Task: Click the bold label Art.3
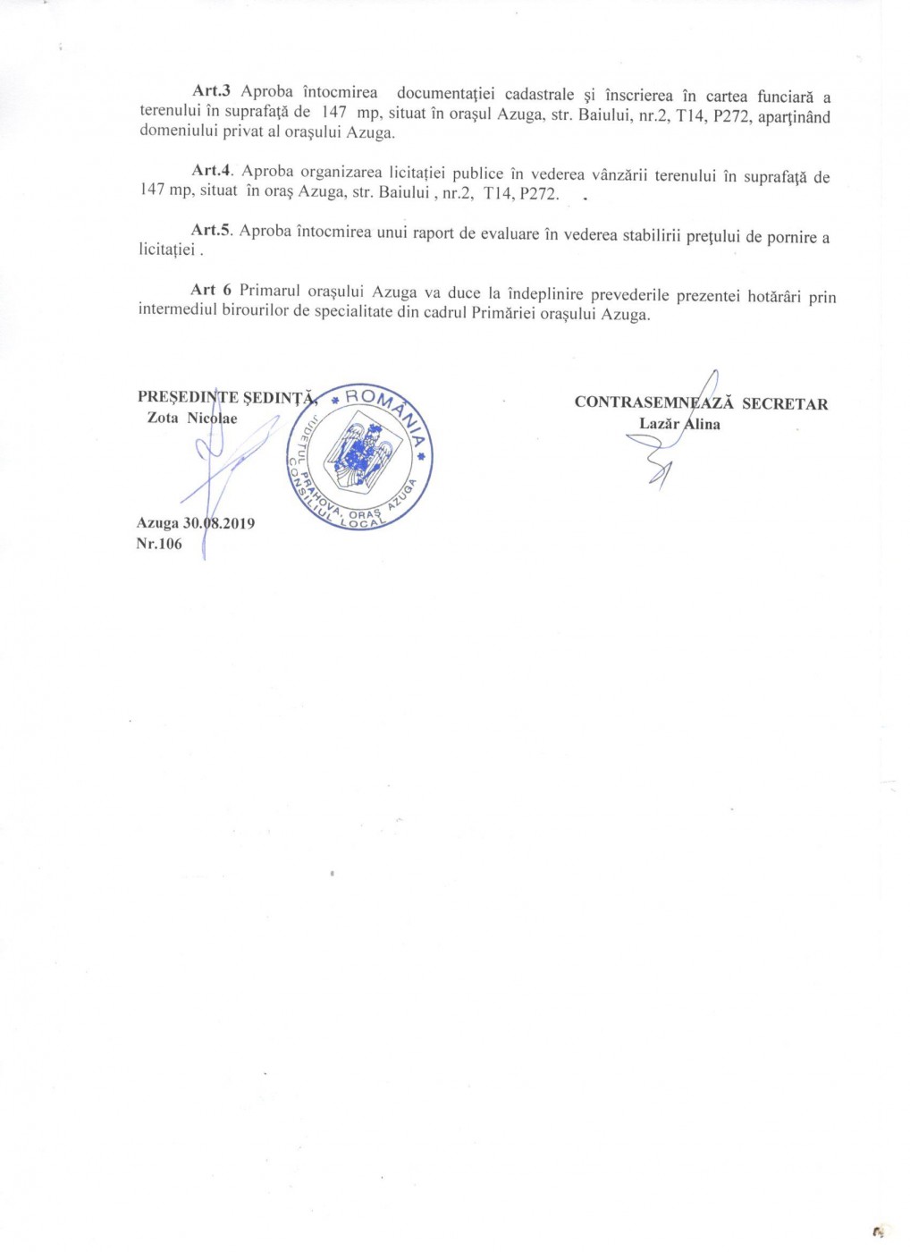click(212, 92)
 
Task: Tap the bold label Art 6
click(211, 291)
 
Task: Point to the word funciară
click(786, 97)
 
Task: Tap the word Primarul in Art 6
click(269, 292)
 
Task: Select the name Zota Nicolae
click(192, 418)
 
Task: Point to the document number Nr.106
click(159, 544)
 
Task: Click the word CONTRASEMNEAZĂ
click(653, 403)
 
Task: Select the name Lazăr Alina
click(679, 424)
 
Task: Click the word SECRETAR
click(785, 404)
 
